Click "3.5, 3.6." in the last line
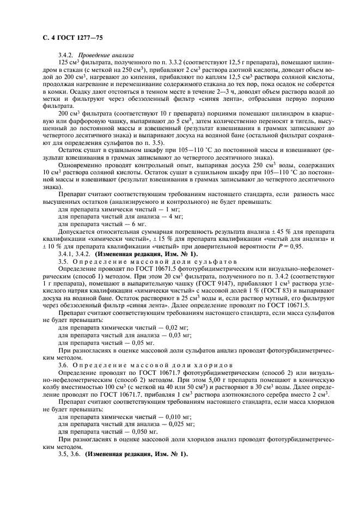click(x=69, y=453)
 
